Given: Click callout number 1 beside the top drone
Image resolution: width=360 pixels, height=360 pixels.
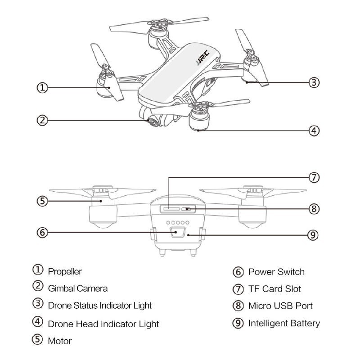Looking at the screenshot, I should tap(42, 88).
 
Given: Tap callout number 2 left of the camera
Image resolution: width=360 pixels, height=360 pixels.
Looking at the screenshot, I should tap(42, 120).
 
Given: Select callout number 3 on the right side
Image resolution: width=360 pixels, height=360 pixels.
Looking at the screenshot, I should tap(315, 82).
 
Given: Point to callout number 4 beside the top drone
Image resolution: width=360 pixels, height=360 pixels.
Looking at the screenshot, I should tap(315, 131).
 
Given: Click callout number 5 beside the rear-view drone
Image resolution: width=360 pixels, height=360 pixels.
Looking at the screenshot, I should tap(42, 201).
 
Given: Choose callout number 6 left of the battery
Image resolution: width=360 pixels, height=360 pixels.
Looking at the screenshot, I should tap(42, 232).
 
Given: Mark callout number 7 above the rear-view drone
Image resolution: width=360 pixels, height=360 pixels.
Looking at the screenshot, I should tap(315, 177).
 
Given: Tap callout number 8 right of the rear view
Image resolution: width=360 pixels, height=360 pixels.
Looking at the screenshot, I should tap(315, 209).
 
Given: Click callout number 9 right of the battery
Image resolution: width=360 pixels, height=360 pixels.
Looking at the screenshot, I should tap(315, 235).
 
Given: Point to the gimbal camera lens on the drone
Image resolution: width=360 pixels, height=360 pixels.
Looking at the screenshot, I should tap(153, 121).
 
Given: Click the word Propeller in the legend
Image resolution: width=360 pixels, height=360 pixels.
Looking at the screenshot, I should tap(65, 271).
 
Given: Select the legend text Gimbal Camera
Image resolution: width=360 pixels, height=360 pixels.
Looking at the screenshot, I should tap(77, 288).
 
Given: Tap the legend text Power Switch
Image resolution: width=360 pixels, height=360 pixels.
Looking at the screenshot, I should tap(276, 272).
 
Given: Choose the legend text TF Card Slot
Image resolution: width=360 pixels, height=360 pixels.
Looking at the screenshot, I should tap(274, 289).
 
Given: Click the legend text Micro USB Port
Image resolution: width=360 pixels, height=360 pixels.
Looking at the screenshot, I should tap(280, 306).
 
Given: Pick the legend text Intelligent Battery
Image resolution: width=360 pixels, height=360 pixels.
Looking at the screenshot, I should tap(284, 323).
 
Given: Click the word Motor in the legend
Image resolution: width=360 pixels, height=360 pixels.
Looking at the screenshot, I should tap(60, 341).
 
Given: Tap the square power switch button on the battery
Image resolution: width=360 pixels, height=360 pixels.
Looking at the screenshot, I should tap(177, 233).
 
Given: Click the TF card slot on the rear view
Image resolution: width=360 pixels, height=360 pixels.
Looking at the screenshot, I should tap(170, 209).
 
